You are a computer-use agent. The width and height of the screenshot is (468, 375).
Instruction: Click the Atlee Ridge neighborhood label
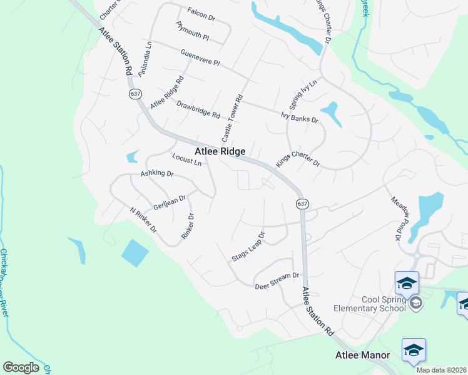(220, 152)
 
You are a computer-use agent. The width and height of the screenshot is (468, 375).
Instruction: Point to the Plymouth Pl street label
(192, 31)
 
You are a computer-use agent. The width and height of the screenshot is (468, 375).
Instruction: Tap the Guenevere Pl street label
(200, 58)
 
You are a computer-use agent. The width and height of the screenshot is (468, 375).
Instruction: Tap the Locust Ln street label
(186, 159)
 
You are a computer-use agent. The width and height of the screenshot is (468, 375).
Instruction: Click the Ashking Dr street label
(156, 174)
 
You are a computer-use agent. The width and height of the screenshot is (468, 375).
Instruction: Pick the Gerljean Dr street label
(170, 203)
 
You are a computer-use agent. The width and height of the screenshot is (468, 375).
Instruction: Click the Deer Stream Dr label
(278, 281)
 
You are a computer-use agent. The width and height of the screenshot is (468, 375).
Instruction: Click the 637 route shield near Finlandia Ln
(135, 94)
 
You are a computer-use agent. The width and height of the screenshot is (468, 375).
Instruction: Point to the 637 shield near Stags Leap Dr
(302, 204)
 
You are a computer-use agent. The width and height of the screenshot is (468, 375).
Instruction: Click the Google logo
(21, 367)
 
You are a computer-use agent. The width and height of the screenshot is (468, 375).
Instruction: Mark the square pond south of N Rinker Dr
(135, 252)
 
